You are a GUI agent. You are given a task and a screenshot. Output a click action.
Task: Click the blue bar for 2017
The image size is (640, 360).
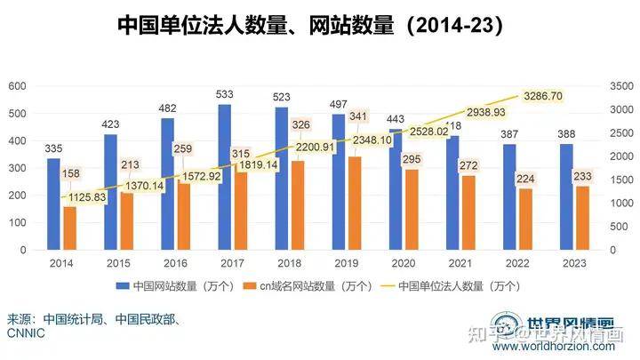click(x=225, y=178)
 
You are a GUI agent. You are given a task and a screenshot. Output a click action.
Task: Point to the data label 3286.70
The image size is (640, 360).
click(x=540, y=95)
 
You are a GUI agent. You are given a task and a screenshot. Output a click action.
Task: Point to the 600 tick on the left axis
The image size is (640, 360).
click(x=18, y=86)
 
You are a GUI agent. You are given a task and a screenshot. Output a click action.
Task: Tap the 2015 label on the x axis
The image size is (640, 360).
click(x=118, y=263)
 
